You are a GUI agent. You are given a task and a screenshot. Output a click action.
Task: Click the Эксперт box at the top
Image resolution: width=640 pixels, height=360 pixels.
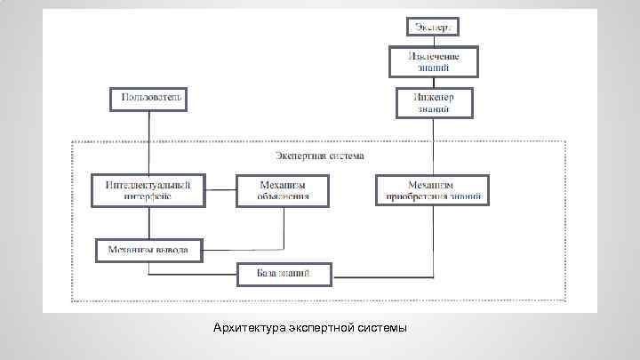click(434, 27)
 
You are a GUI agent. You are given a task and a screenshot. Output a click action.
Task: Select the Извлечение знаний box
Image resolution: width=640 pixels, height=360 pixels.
click(434, 60)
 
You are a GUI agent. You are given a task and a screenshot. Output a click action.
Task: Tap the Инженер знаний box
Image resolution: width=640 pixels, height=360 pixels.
click(434, 102)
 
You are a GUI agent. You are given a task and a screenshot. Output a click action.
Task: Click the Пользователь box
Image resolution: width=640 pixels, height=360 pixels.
click(148, 98)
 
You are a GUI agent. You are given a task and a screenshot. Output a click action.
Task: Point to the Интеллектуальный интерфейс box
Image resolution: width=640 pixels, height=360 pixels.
click(148, 190)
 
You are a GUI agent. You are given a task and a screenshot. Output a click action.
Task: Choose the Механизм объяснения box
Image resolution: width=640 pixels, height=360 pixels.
click(283, 190)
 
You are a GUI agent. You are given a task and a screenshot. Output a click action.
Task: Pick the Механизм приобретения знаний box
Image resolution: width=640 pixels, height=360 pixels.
click(434, 190)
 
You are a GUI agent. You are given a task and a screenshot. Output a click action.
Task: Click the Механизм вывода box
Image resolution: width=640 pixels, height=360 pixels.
click(148, 250)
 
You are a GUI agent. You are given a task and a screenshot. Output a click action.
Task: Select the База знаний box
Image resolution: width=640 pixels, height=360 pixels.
click(284, 274)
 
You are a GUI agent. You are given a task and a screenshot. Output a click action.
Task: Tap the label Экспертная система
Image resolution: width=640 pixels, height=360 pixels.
click(318, 156)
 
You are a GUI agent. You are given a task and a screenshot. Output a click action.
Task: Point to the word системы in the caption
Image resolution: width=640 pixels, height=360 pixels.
click(381, 329)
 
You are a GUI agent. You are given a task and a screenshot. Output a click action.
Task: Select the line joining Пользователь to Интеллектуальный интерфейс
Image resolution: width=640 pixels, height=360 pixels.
click(148, 142)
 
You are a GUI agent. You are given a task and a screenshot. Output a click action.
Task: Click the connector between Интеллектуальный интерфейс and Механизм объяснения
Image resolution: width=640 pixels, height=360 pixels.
click(220, 190)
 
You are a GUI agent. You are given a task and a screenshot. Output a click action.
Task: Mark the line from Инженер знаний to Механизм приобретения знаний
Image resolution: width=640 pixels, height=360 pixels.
click(434, 147)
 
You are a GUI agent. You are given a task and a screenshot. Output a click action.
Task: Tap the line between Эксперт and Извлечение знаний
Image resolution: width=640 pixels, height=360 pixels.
click(434, 41)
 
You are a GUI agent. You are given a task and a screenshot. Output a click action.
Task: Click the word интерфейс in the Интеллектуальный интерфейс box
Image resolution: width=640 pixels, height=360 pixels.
click(148, 197)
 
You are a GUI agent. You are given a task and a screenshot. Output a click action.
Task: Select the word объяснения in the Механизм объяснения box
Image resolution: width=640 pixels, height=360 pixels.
click(283, 197)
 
